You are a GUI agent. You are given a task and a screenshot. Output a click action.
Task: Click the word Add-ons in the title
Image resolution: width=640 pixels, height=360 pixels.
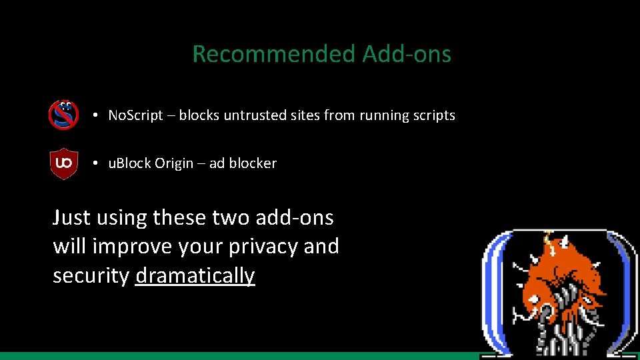click(407, 54)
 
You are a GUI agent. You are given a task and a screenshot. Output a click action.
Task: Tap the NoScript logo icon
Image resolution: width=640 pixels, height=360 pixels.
click(64, 115)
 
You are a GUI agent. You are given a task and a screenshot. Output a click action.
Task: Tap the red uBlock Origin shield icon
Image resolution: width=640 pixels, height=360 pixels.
click(64, 163)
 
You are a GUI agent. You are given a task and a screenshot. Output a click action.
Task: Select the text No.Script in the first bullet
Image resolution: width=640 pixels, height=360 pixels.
click(135, 115)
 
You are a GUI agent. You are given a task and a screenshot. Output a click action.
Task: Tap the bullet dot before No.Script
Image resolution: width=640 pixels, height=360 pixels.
click(97, 115)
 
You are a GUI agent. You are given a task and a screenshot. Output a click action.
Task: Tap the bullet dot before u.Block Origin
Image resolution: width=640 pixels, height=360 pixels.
click(97, 163)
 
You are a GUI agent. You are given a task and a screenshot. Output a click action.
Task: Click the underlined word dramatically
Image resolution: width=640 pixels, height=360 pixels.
click(195, 276)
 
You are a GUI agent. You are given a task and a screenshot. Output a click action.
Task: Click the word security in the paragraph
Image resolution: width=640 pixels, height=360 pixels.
click(91, 276)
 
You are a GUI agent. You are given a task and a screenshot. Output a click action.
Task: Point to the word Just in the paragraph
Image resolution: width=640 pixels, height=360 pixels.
click(71, 217)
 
